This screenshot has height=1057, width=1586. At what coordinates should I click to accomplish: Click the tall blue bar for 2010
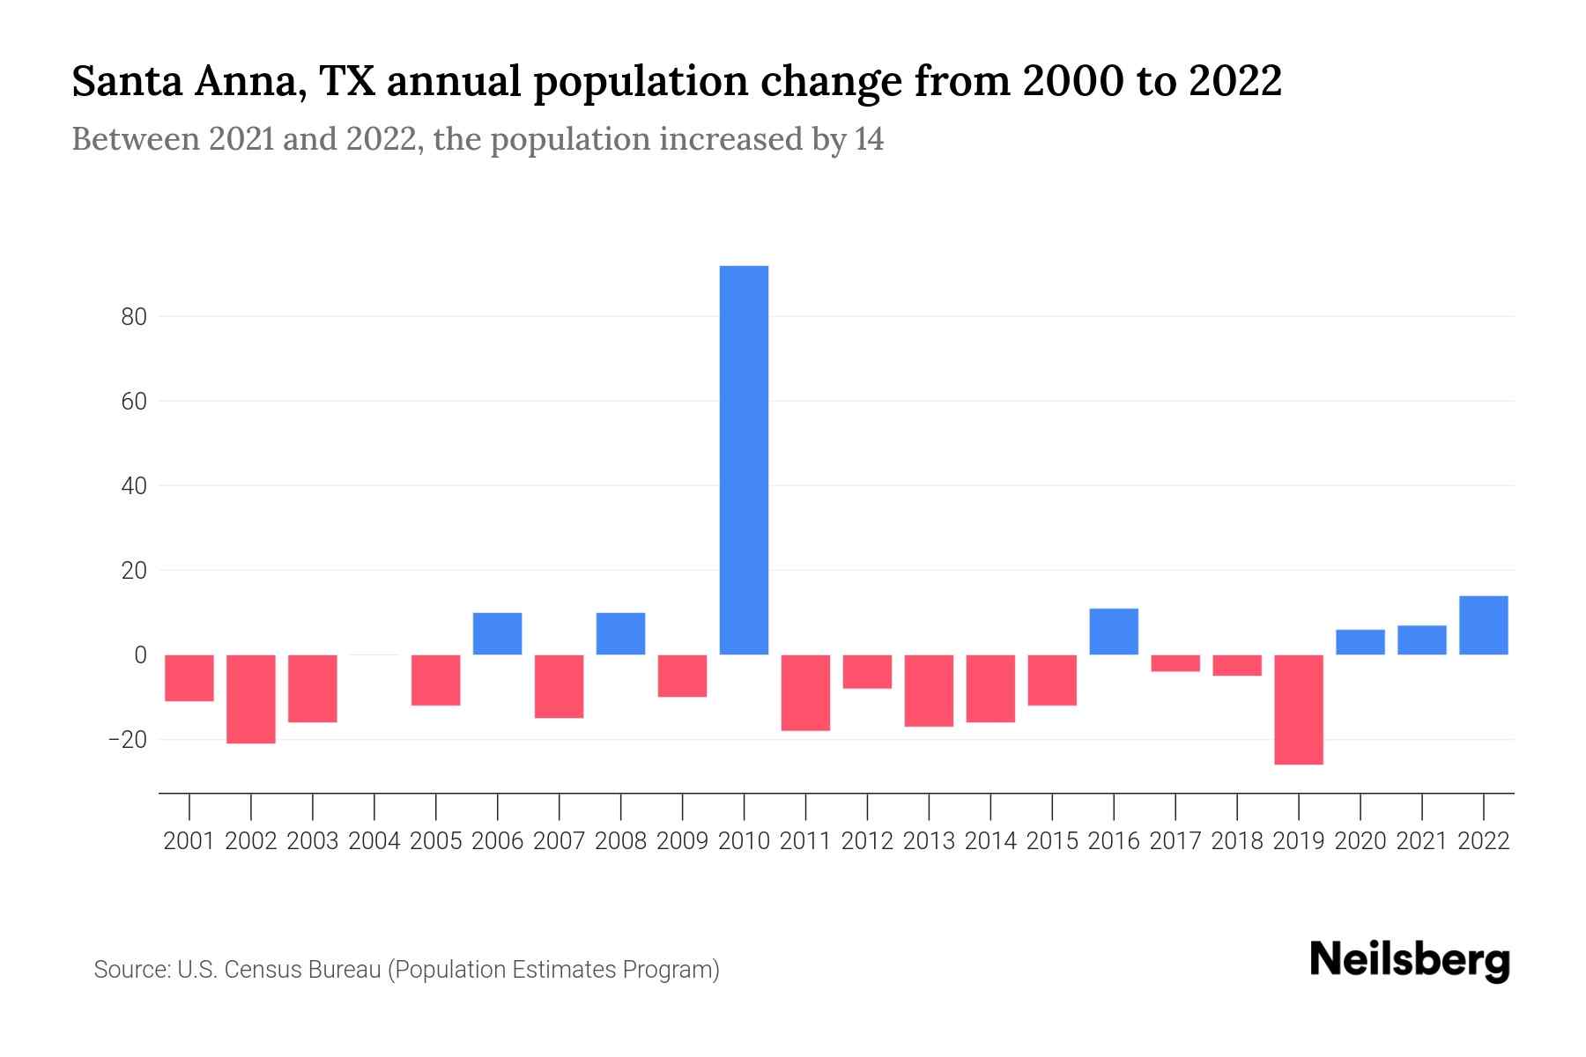point(744,460)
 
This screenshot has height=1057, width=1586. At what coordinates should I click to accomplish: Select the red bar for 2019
point(1299,709)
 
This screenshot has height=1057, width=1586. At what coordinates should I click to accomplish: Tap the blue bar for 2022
point(1484,625)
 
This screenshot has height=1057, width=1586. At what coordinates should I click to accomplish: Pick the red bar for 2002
point(251,699)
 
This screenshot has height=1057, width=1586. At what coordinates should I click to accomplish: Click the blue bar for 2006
point(498,633)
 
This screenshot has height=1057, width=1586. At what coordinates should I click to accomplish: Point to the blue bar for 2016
point(1114,632)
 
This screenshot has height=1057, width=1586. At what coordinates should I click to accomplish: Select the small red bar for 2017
point(1175,663)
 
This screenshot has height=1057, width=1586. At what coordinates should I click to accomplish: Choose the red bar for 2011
point(805,692)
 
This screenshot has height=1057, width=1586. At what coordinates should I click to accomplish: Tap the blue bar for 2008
point(621,633)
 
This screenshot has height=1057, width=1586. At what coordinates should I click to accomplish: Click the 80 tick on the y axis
point(134,317)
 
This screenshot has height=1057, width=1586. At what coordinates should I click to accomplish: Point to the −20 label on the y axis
point(127,740)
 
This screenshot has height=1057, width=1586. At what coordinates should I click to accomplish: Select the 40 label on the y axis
point(134,486)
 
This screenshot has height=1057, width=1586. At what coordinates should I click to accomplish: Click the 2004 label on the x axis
point(374,841)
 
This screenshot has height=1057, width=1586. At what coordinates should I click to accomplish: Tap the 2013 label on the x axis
point(929,841)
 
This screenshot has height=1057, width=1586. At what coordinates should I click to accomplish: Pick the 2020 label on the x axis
point(1360,841)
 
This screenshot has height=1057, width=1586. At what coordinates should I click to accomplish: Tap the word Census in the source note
point(261,970)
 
